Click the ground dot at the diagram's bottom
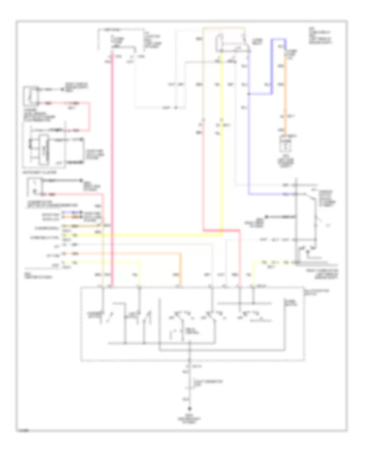pos(190,408)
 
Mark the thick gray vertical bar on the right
pos(296,222)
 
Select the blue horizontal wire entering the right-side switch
pos(271,194)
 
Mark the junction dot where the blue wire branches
pos(249,93)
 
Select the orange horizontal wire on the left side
pos(123,254)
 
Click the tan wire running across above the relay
pos(224,28)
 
